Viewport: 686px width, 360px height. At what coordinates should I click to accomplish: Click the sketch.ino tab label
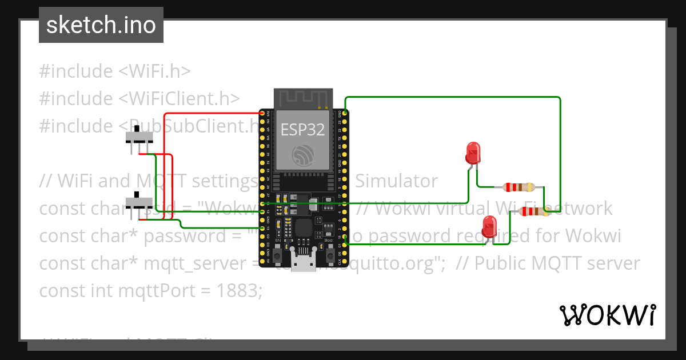101,25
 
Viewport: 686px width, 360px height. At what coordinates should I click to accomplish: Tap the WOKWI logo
607,315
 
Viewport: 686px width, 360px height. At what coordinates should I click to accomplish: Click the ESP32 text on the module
302,130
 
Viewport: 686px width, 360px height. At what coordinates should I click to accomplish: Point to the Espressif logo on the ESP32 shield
302,155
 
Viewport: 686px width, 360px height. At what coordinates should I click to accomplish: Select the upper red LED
473,153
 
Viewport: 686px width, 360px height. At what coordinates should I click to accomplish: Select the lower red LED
490,227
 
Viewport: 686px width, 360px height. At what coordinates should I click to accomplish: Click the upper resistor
519,187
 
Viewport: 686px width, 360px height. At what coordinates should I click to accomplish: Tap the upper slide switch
139,138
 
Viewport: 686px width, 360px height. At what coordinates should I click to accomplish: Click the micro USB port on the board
302,263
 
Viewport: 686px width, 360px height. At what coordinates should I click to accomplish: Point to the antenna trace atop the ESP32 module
302,98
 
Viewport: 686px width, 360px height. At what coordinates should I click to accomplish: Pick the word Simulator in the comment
397,181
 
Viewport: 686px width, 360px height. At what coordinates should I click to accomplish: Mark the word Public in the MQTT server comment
501,263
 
